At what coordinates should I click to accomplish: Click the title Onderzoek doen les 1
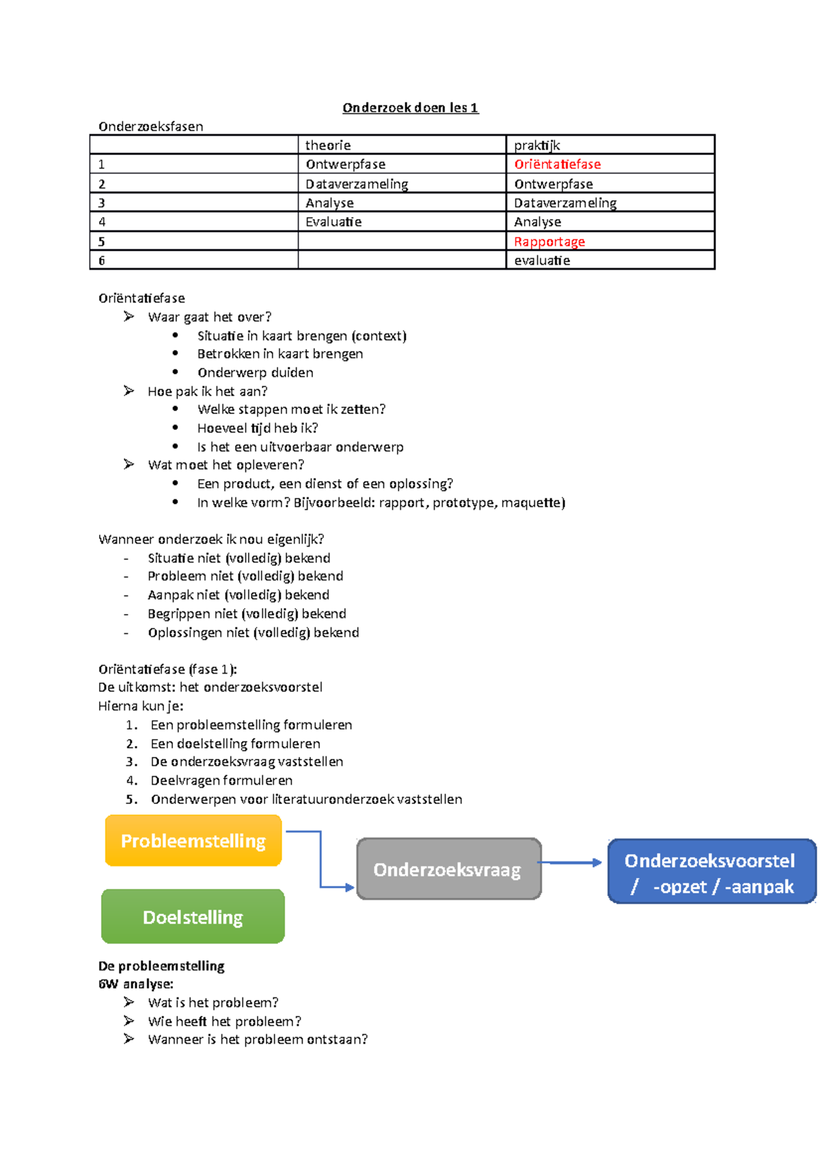pos(410,108)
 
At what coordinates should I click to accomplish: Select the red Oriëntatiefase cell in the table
pos(557,165)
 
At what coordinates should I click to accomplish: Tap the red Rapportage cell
pos(549,242)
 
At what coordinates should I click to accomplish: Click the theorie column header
pos(328,146)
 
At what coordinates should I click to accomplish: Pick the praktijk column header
pos(537,146)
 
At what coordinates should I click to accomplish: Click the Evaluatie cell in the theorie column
pos(333,222)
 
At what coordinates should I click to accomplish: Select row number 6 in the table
pos(102,261)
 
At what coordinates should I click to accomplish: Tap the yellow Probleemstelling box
pos(193,841)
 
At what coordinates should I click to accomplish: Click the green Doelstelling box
pos(193,917)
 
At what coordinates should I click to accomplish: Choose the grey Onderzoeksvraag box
pos(448,870)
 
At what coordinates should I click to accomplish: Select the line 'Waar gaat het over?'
pos(209,317)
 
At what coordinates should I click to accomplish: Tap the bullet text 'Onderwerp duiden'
pos(255,373)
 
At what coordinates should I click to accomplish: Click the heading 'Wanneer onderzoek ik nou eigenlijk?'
pos(211,540)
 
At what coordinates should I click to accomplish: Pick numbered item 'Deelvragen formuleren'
pos(221,781)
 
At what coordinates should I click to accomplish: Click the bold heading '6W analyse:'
pos(136,984)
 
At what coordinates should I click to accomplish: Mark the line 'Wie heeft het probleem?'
pos(224,1022)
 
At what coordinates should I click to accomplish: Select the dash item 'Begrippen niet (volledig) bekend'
pos(247,614)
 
